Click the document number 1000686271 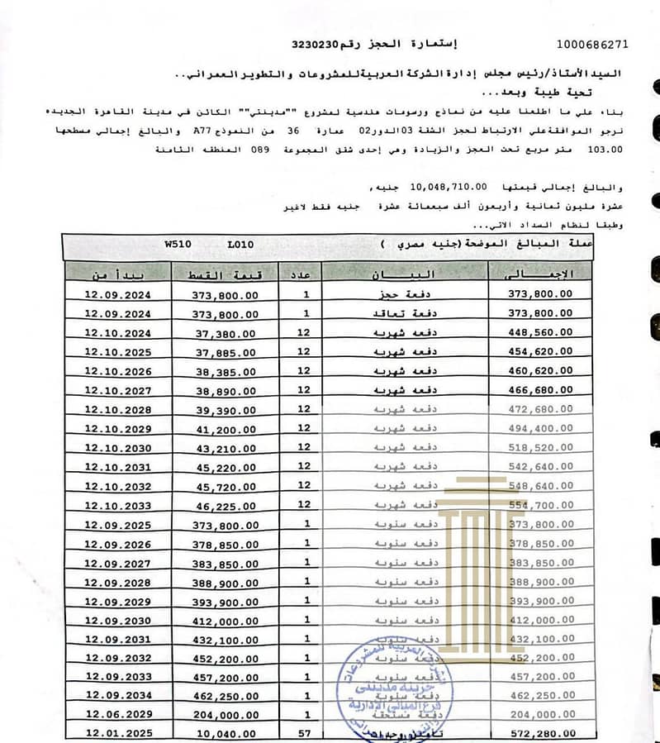tap(592, 44)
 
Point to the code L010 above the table tap(241, 245)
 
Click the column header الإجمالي tap(542, 274)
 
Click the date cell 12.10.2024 tap(118, 333)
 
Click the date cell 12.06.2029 tap(118, 713)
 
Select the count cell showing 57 tap(306, 733)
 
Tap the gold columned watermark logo tap(484, 538)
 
